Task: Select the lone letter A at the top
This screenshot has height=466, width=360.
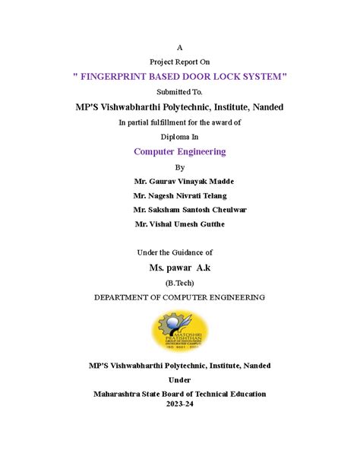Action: point(179,47)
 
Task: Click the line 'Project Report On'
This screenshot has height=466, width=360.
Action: point(179,62)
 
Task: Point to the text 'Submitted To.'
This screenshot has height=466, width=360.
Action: point(179,92)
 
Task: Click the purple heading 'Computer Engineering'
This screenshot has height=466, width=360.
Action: point(179,151)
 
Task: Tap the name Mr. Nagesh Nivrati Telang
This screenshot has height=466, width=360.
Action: point(184,195)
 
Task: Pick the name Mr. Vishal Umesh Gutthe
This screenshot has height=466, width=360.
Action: point(179,224)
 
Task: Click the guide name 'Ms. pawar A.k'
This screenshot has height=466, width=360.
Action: point(181,268)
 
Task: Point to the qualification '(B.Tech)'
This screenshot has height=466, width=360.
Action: point(179,283)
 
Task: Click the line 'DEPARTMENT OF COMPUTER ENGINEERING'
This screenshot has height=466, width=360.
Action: point(179,297)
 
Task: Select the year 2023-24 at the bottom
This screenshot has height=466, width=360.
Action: point(179,404)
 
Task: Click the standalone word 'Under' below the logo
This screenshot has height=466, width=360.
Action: point(179,379)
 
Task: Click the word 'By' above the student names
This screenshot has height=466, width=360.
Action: point(179,166)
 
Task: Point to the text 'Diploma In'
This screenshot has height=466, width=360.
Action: point(179,136)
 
